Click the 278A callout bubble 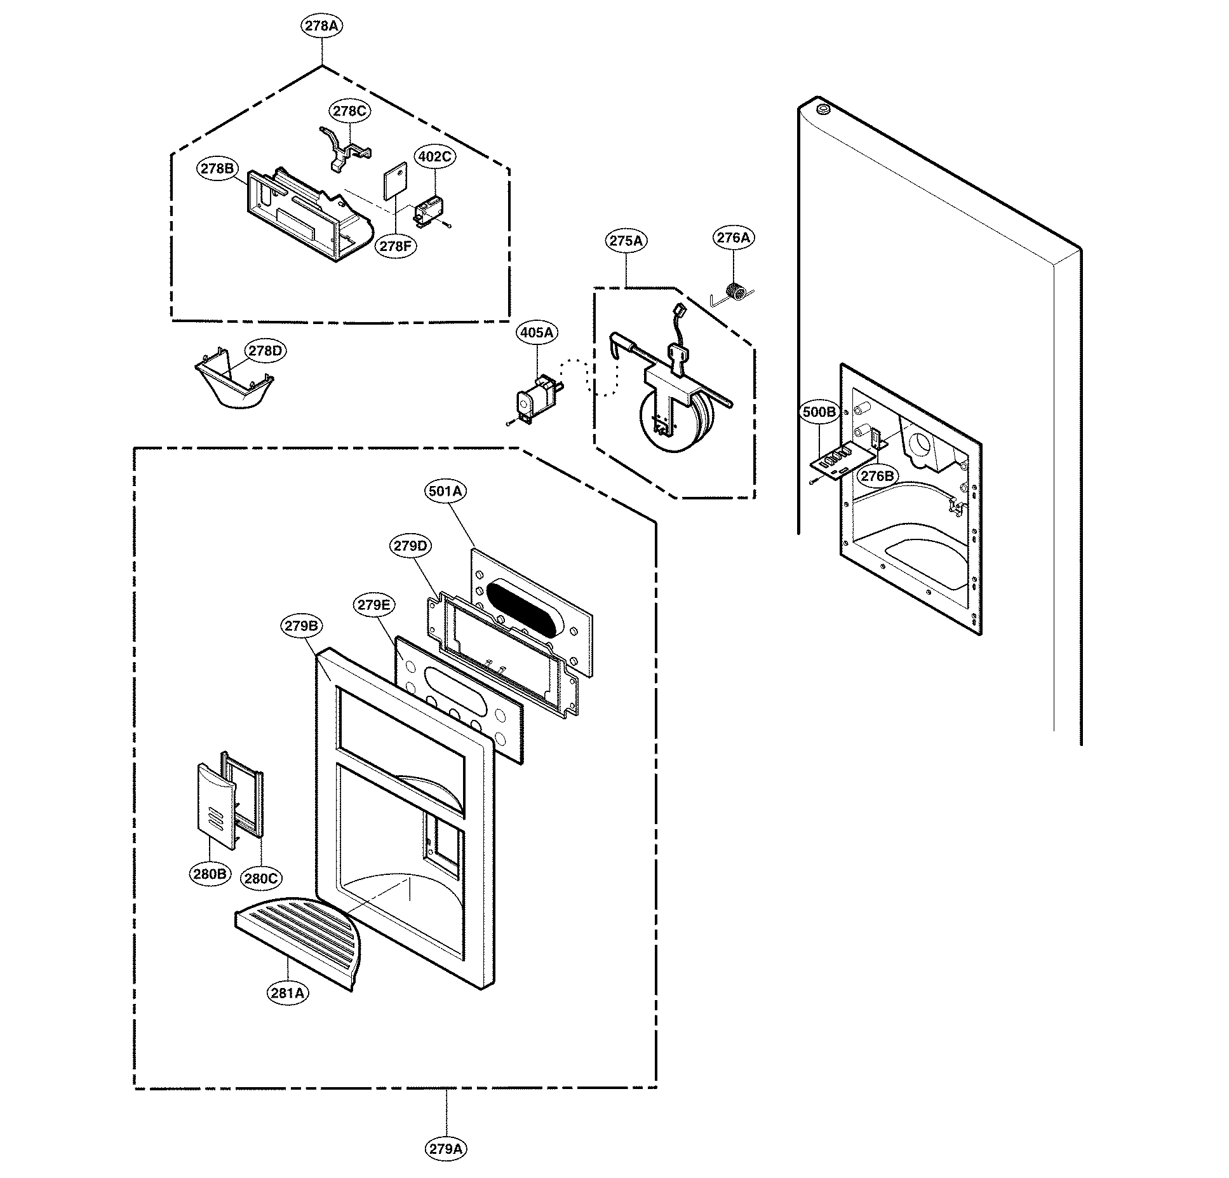[321, 26]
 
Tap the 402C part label [435, 156]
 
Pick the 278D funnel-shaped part [234, 387]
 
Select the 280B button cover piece [215, 804]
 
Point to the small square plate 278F [394, 184]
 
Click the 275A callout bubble [626, 241]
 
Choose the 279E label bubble [373, 605]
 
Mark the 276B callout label [876, 476]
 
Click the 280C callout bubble [261, 879]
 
